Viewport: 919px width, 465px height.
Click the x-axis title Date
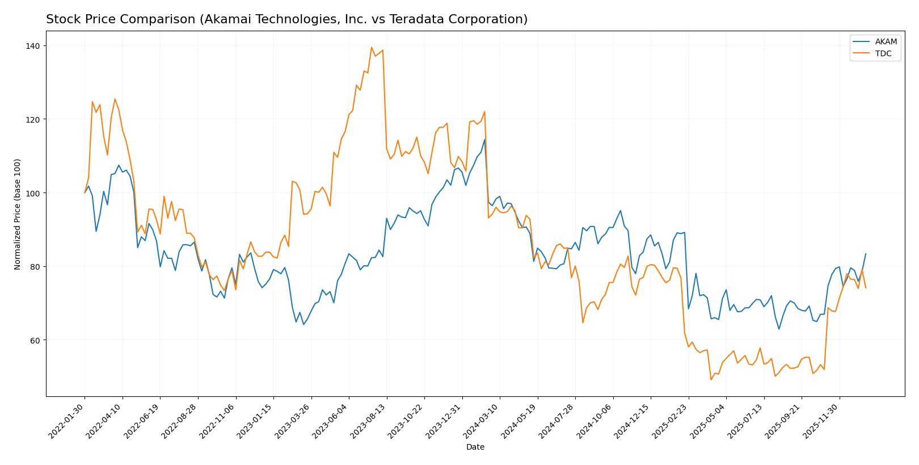475,447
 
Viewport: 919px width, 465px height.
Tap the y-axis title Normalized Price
18,214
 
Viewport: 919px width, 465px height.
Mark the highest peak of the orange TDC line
372,47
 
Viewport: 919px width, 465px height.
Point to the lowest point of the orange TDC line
711,379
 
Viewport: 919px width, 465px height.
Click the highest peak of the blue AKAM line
484,139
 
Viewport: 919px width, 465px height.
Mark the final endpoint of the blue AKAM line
866,254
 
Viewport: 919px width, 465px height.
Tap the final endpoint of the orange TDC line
866,288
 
